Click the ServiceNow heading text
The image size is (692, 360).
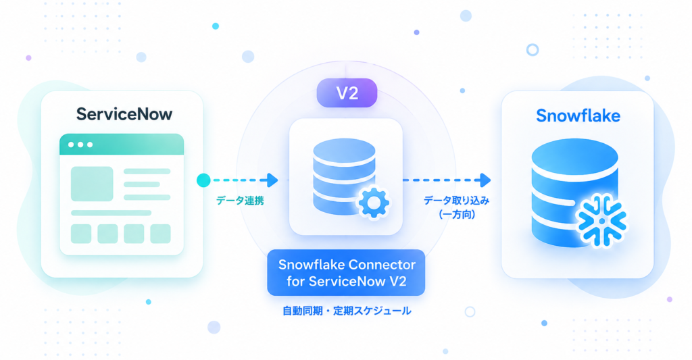click(x=124, y=114)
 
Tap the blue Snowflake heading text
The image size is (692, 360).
click(x=578, y=115)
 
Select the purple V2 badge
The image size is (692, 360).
click(x=347, y=93)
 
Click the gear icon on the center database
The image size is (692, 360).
click(x=373, y=203)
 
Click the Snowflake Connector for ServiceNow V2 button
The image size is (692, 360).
click(x=346, y=273)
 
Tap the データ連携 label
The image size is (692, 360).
click(x=240, y=201)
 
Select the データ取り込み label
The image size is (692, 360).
click(x=456, y=201)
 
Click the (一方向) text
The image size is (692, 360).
click(x=457, y=215)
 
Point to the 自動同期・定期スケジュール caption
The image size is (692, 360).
click(x=347, y=311)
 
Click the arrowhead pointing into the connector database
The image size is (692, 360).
click(x=272, y=180)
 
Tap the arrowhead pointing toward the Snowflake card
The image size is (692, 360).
click(x=485, y=180)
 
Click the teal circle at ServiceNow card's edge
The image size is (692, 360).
click(x=203, y=180)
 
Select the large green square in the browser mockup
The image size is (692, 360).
click(x=92, y=184)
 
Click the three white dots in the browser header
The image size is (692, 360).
click(x=80, y=145)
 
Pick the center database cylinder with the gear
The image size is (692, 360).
click(x=344, y=176)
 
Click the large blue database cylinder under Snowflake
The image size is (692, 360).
click(x=574, y=192)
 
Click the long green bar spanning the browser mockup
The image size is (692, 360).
click(x=112, y=213)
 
